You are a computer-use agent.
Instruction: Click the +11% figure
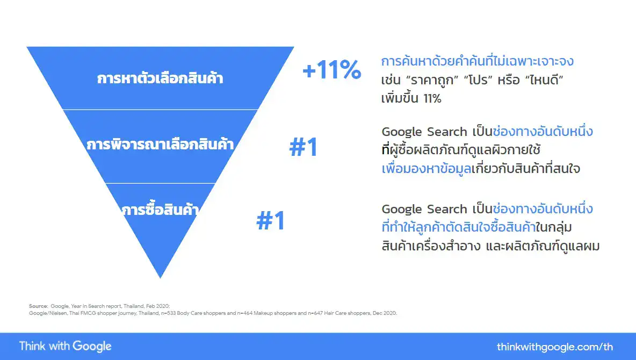[331, 70]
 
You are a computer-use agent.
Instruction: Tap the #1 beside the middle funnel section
[303, 148]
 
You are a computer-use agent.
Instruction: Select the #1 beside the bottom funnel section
[271, 221]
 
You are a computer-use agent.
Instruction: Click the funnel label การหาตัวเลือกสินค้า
[160, 78]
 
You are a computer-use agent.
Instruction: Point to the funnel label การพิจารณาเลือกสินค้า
[160, 145]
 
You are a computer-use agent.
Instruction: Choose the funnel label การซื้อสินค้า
[160, 209]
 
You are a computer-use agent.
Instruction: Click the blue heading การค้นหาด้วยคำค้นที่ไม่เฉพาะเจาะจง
[477, 61]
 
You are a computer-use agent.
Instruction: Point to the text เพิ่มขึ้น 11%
[411, 99]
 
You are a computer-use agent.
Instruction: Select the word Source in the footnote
[38, 306]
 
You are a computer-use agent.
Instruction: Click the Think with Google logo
[65, 346]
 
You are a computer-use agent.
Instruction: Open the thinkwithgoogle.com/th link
[555, 347]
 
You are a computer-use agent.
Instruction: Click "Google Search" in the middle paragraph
[424, 132]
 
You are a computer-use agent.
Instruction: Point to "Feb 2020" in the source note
[158, 306]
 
